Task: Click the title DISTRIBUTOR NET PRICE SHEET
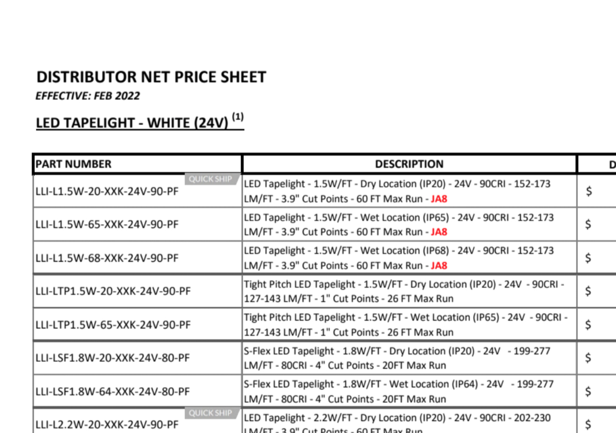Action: coord(151,77)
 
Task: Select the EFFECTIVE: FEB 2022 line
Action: coord(88,96)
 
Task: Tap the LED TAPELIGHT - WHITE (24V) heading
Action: coord(132,123)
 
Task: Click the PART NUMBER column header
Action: coord(74,164)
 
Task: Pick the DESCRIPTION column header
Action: coord(409,164)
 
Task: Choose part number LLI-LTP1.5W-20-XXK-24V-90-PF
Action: coord(113,292)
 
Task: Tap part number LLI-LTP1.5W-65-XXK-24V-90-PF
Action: coord(113,325)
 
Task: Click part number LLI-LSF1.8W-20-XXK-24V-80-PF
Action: coord(112,358)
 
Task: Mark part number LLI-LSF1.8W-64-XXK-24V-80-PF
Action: coord(112,392)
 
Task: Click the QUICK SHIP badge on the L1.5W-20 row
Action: coord(211,179)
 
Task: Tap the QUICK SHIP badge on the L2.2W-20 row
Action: coord(211,413)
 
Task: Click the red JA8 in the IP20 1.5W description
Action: coord(439,199)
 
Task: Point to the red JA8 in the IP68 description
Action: coord(439,266)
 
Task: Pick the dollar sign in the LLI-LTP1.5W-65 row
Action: coord(589,325)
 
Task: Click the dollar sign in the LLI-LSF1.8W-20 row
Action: coord(589,358)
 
